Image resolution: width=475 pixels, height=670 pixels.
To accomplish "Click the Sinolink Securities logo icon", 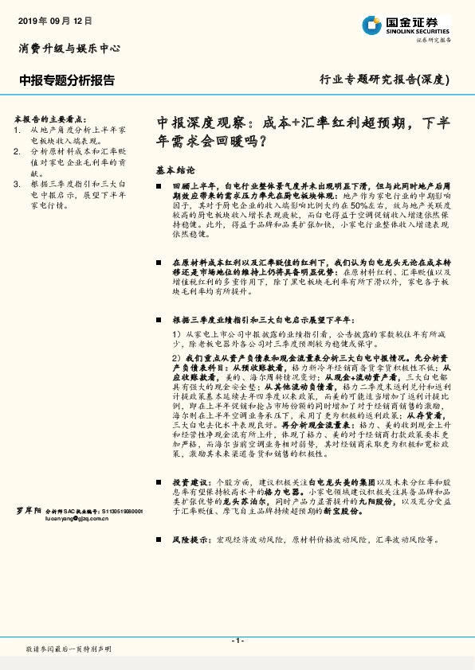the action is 370,25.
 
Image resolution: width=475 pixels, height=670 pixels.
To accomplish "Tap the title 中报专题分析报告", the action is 67,80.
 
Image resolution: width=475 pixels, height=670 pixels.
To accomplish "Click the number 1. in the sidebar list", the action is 18,127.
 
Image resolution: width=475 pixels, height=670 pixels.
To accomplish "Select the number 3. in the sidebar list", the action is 18,184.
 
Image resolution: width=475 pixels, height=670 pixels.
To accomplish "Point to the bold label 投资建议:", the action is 192,482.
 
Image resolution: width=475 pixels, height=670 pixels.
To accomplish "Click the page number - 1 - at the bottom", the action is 237,640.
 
